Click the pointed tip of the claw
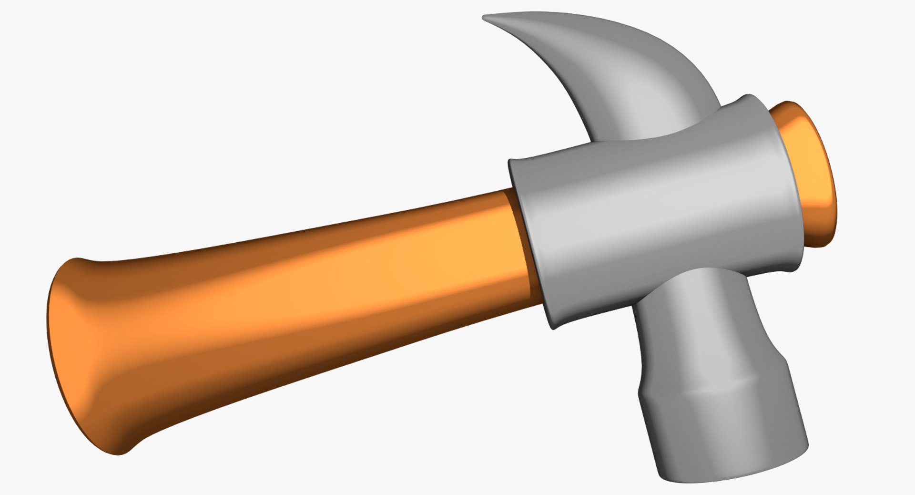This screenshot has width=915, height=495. pos(485,18)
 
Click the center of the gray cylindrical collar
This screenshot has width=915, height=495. pos(658,210)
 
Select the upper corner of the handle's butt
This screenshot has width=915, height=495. pos(76,261)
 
